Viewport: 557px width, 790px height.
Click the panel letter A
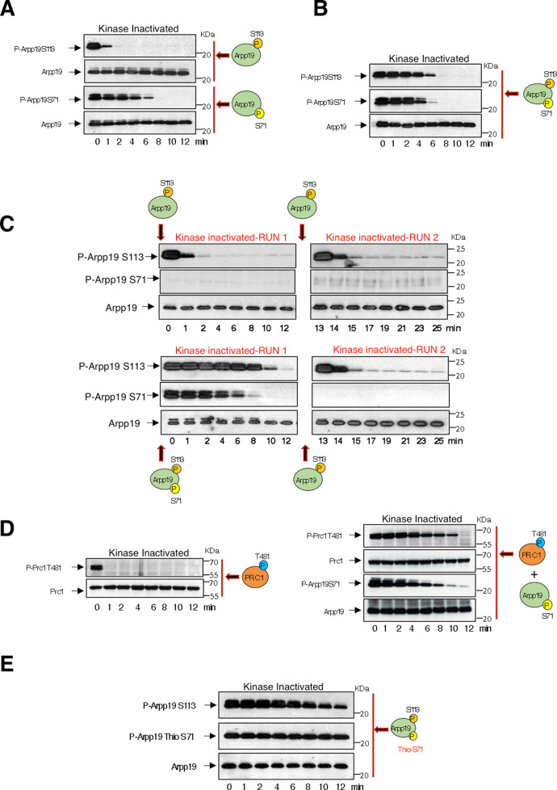tap(7, 8)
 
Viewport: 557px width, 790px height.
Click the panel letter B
tap(320, 8)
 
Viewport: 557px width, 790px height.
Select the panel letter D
tap(7, 528)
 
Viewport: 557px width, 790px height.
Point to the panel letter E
tap(6, 663)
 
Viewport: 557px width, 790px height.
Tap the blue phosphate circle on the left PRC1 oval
tap(263, 565)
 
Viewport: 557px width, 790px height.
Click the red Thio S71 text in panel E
tap(410, 749)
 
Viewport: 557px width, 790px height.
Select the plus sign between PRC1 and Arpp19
tap(534, 575)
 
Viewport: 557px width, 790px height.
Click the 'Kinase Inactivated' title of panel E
tap(283, 687)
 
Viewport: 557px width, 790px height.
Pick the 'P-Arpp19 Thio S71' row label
tap(161, 737)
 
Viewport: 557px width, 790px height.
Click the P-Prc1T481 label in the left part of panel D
tap(44, 567)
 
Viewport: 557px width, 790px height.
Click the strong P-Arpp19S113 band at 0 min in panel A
tap(96, 48)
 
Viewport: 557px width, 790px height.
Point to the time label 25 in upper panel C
tap(437, 328)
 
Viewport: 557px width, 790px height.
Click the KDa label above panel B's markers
tap(491, 66)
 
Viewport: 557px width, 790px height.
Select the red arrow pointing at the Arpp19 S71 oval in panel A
tap(223, 104)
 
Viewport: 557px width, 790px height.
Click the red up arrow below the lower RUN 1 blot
tap(161, 452)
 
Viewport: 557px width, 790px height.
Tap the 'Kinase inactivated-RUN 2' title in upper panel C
tap(383, 237)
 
